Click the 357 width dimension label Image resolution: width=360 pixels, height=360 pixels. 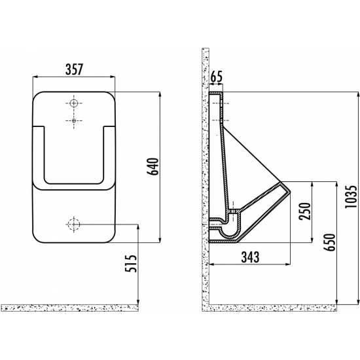(x=74, y=69)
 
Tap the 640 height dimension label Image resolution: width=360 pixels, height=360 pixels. (x=153, y=166)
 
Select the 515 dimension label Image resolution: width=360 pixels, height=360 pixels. (x=132, y=264)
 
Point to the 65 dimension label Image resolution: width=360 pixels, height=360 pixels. (x=217, y=77)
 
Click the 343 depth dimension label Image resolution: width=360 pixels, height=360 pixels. (x=250, y=257)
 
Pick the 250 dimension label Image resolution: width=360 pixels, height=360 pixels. (x=305, y=211)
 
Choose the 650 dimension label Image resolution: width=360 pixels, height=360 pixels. (x=329, y=242)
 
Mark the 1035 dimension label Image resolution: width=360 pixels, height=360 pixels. (x=351, y=197)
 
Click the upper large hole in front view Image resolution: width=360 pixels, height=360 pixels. (x=74, y=103)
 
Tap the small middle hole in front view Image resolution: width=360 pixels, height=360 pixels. (x=74, y=120)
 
